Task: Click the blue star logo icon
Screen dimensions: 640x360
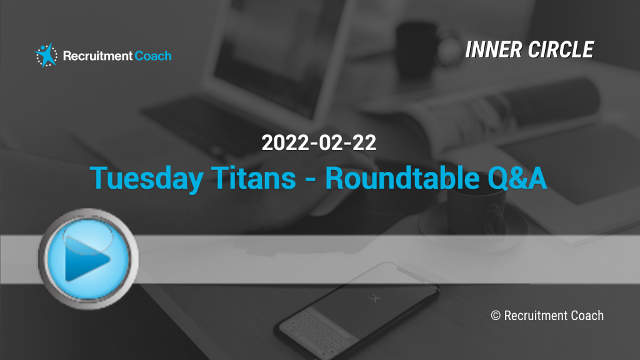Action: [x=46, y=55]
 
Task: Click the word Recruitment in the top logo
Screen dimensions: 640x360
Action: [x=98, y=56]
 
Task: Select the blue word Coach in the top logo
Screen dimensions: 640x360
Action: [x=153, y=56]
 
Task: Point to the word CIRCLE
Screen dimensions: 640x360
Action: [x=561, y=50]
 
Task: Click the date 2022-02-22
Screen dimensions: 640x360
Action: [x=319, y=142]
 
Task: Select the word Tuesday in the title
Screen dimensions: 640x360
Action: [x=146, y=178]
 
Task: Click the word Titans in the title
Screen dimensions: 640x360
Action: [x=254, y=178]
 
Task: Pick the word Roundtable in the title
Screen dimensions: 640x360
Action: [x=402, y=178]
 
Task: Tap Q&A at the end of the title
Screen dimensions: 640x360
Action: [x=517, y=178]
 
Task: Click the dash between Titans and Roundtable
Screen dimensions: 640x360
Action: [x=311, y=179]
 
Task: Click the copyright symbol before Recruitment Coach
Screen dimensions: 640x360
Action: [x=496, y=316]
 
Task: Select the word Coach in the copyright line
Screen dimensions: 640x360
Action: [x=587, y=316]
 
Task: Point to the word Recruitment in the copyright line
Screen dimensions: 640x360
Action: [x=536, y=316]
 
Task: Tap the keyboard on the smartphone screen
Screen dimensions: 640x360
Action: [x=318, y=331]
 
